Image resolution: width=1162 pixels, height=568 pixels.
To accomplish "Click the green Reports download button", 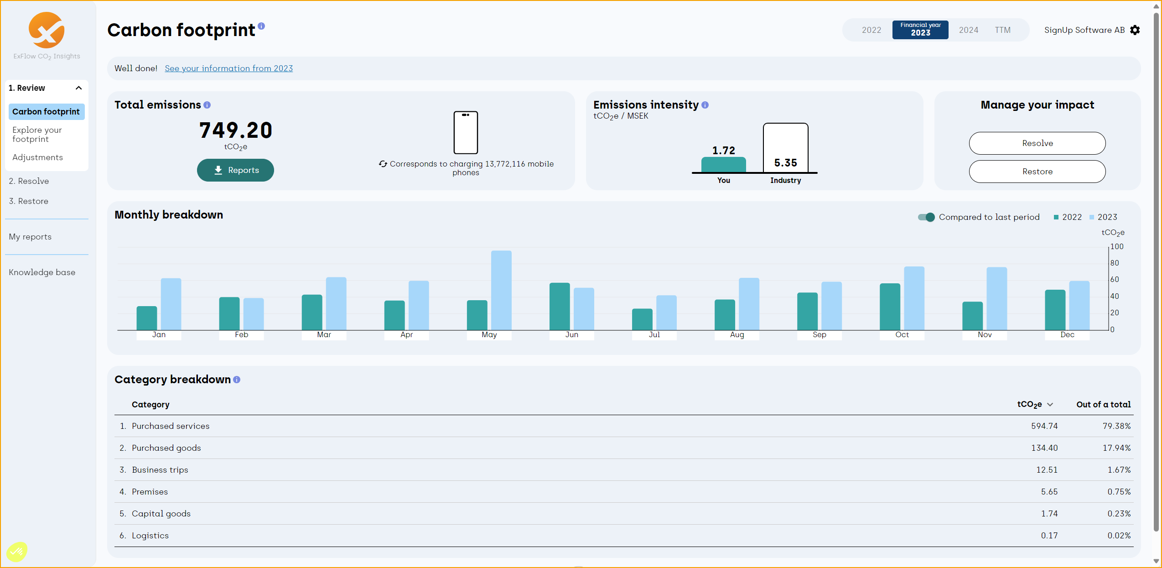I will tap(235, 170).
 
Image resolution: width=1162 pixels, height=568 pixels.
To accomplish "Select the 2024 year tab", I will tap(968, 30).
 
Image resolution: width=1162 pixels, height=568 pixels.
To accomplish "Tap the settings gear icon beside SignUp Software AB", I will tap(1135, 30).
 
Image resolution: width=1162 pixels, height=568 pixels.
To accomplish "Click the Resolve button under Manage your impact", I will tap(1037, 143).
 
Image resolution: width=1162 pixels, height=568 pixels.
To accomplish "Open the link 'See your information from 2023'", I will tap(228, 68).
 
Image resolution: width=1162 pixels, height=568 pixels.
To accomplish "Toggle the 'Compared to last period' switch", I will tap(926, 217).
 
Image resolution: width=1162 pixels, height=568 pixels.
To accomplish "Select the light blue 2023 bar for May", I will tap(501, 290).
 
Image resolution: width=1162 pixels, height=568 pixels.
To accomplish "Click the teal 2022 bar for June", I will tap(560, 306).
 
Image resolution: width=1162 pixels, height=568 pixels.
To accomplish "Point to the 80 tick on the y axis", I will tap(1114, 263).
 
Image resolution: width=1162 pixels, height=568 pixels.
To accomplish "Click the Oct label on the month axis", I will tap(902, 335).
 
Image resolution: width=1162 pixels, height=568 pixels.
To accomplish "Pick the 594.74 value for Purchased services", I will tap(1044, 426).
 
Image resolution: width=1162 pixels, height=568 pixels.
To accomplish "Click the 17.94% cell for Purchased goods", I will tap(1116, 448).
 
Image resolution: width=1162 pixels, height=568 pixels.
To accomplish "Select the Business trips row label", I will tap(160, 470).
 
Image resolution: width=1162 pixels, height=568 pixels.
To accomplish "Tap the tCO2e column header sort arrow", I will tap(1050, 405).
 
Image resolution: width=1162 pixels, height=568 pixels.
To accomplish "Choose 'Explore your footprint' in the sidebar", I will tap(37, 135).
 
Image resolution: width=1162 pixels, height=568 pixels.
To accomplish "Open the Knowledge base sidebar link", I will tap(42, 272).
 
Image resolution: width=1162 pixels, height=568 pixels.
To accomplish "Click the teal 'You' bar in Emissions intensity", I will tap(723, 165).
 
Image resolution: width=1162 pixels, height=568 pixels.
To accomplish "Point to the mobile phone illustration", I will tap(466, 133).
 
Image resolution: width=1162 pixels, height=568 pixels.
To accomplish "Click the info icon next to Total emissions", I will tap(207, 105).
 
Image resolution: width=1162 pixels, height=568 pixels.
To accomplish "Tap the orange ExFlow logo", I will tap(47, 31).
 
